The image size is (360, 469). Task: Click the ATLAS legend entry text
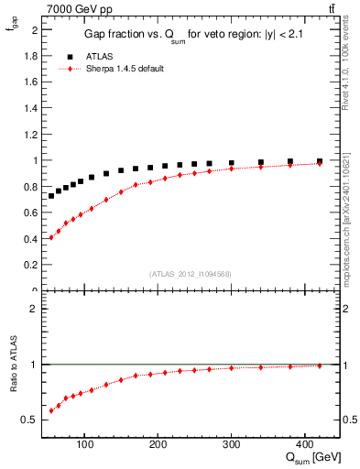coord(100,56)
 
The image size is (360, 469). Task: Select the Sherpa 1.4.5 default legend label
coord(125,69)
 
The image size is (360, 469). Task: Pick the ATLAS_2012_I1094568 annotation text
coord(191,274)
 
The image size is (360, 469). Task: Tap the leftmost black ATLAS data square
coord(51,196)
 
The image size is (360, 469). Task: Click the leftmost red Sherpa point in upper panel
coord(51,237)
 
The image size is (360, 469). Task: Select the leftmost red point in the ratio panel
coord(51,410)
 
